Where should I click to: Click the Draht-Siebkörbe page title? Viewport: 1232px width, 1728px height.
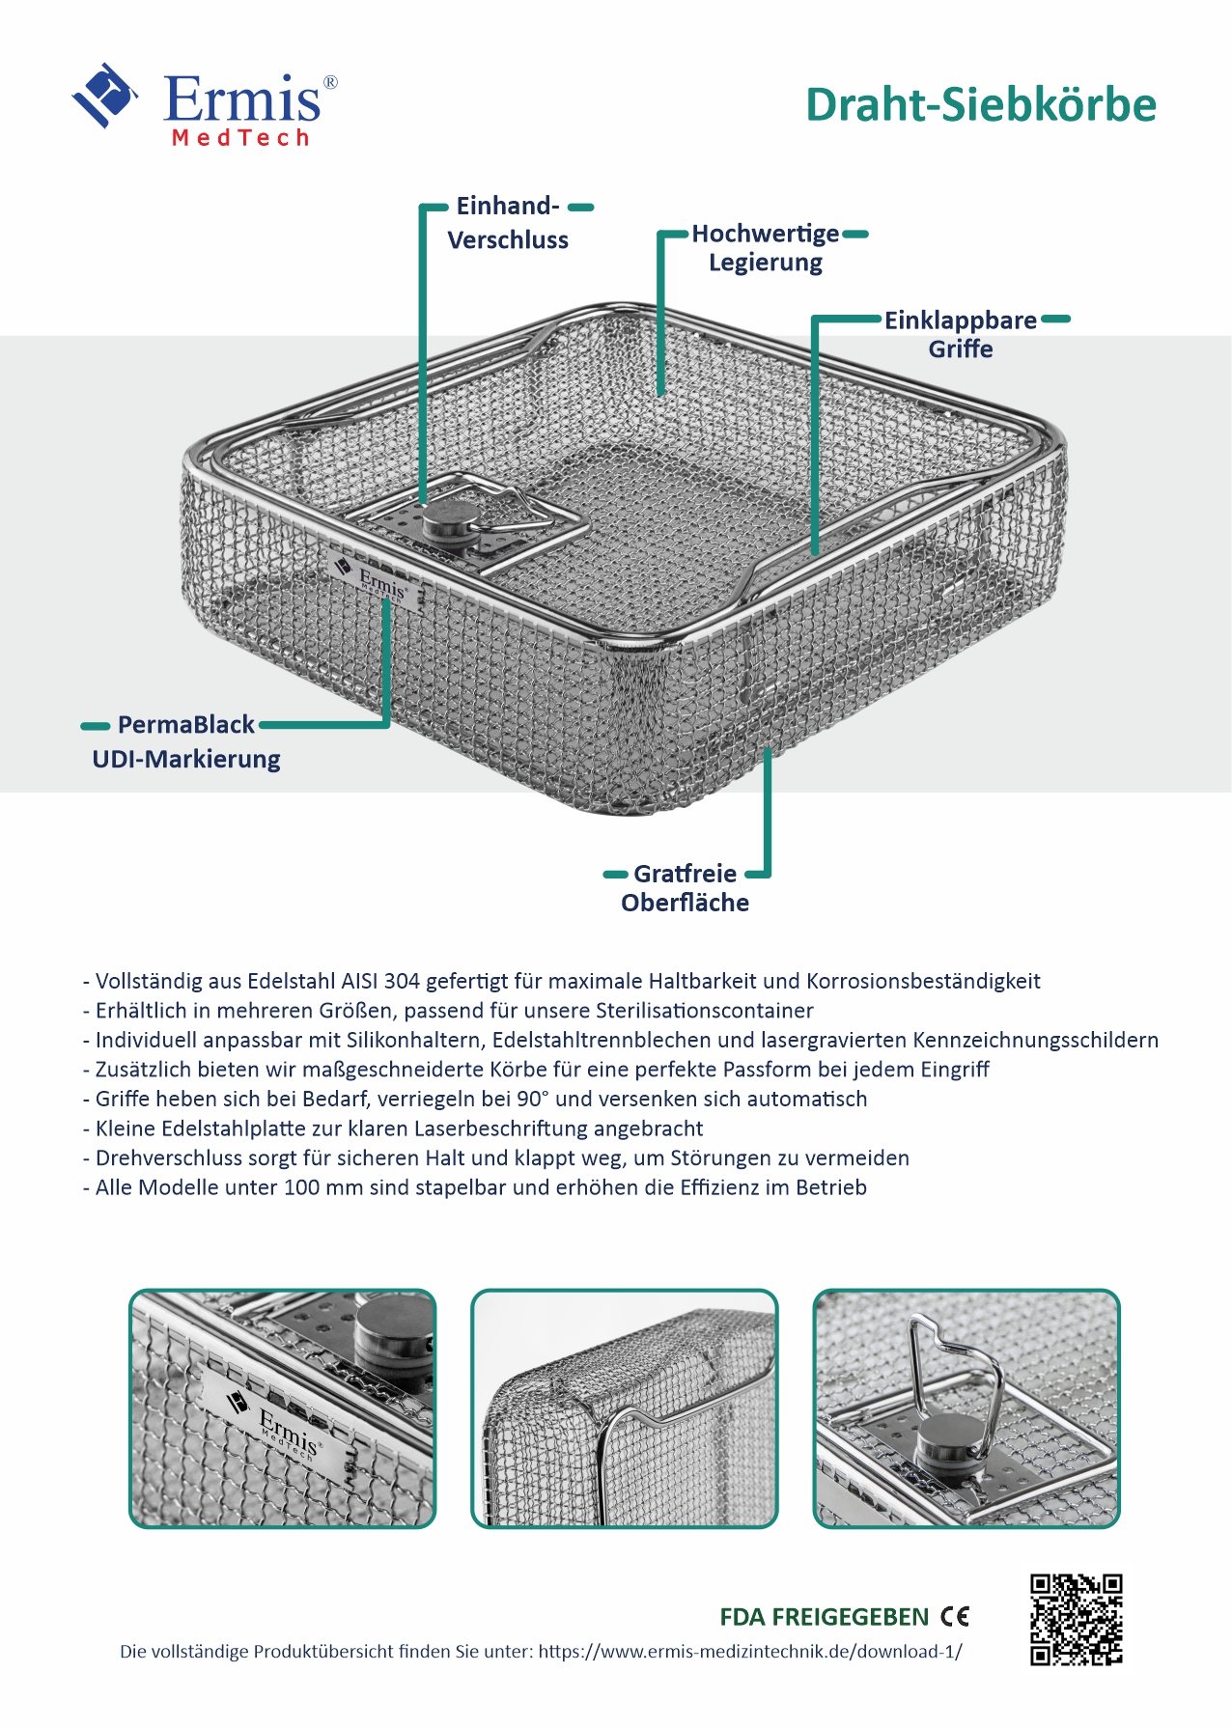pyautogui.click(x=980, y=105)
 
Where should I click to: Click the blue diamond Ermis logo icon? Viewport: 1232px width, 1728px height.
pyautogui.click(x=103, y=95)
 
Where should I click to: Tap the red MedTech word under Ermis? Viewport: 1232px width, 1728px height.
pyautogui.click(x=240, y=138)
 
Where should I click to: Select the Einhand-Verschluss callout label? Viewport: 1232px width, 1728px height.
pyautogui.click(x=508, y=223)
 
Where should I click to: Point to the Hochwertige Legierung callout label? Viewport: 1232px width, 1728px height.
pyautogui.click(x=766, y=248)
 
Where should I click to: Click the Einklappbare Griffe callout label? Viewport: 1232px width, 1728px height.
pyautogui.click(x=961, y=334)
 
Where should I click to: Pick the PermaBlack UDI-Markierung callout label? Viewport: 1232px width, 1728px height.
pyautogui.click(x=186, y=741)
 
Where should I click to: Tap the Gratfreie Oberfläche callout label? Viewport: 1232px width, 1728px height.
pyautogui.click(x=685, y=888)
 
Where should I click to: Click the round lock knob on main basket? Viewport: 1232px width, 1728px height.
pyautogui.click(x=446, y=520)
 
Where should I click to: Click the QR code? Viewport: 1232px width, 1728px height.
pyautogui.click(x=1076, y=1619)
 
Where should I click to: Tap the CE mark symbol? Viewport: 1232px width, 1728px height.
pyautogui.click(x=955, y=1617)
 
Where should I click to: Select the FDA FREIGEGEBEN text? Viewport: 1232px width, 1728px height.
pyautogui.click(x=824, y=1617)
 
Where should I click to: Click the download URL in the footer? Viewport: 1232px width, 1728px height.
pyautogui.click(x=750, y=1652)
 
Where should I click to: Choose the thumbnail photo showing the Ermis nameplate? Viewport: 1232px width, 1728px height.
pyautogui.click(x=283, y=1408)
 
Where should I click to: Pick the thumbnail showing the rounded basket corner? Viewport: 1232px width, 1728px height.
pyautogui.click(x=625, y=1408)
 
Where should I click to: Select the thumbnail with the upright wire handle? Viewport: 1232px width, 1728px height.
pyautogui.click(x=966, y=1408)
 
